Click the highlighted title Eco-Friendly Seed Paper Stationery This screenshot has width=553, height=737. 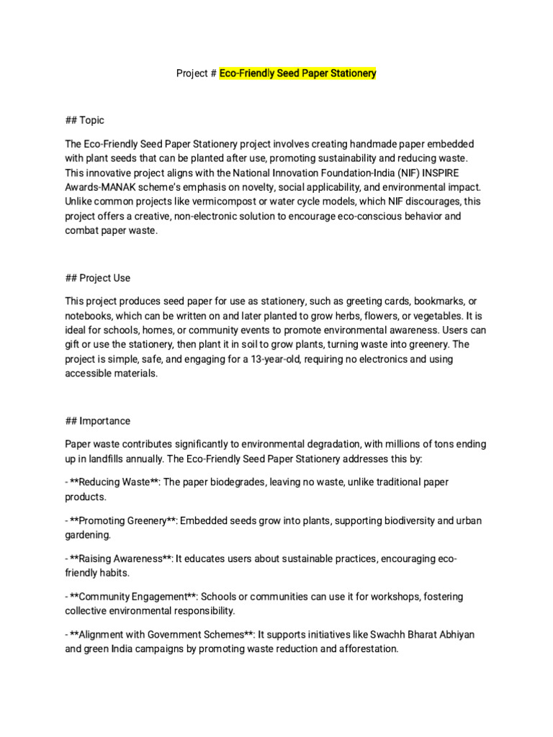pyautogui.click(x=298, y=73)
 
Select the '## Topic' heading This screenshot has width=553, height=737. pyautogui.click(x=85, y=120)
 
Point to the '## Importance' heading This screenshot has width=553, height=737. pyautogui.click(x=98, y=421)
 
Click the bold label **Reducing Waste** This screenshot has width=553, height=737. pyautogui.click(x=114, y=482)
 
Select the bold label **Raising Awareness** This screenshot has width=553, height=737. pyautogui.click(x=120, y=559)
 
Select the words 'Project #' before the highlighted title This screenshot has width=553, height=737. pyautogui.click(x=197, y=73)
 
